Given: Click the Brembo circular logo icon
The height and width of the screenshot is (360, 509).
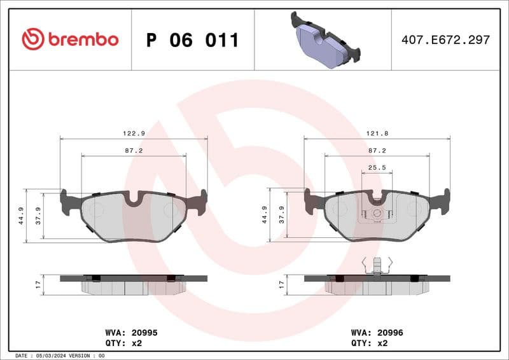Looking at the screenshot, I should click(x=33, y=39).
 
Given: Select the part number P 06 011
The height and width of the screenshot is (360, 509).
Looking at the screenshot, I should click(x=192, y=40).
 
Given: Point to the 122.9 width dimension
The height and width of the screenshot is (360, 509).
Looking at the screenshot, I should click(x=134, y=133).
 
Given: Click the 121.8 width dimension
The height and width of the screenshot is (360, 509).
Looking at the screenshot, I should click(x=377, y=133).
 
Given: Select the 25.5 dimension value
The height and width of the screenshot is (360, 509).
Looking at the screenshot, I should click(x=377, y=167).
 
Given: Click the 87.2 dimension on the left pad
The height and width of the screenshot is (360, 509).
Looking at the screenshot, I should click(x=134, y=151).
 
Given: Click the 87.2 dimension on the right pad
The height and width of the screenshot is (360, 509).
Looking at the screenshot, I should click(x=377, y=151).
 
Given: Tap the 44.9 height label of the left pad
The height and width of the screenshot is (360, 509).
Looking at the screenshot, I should click(x=21, y=216).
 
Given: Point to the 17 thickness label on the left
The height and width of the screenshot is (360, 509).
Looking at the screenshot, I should click(x=38, y=284).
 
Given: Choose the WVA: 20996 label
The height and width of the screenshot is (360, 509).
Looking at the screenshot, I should click(x=377, y=333).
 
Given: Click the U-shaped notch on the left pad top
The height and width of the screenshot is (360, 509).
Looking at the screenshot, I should click(x=134, y=200).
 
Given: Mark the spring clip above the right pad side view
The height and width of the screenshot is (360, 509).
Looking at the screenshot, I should click(x=377, y=265).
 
